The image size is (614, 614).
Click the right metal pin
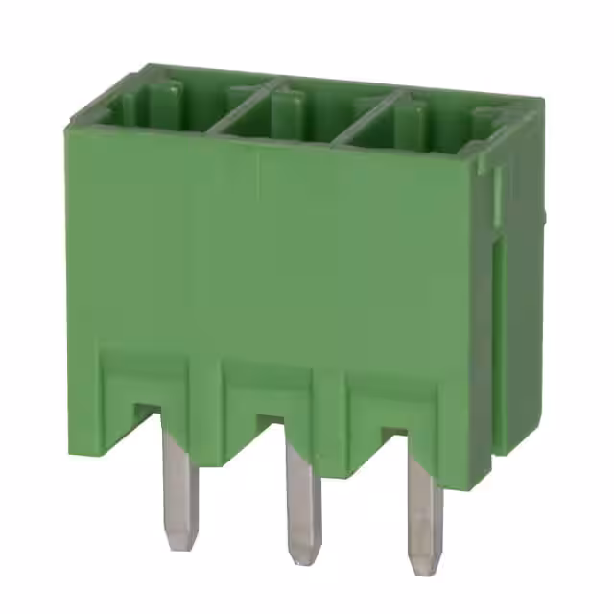[423, 504]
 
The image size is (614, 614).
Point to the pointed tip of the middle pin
[303, 556]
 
